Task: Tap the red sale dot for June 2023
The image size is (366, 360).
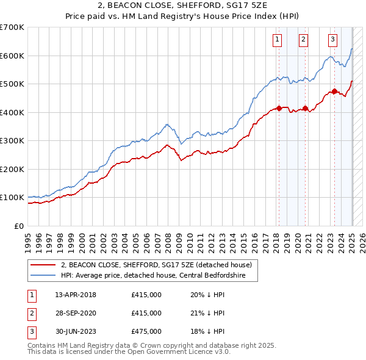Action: [335, 92]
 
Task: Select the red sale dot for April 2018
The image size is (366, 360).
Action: [279, 108]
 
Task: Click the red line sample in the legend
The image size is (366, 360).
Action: [43, 265]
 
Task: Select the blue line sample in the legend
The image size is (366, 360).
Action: [43, 276]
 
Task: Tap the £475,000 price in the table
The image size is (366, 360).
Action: [146, 331]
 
